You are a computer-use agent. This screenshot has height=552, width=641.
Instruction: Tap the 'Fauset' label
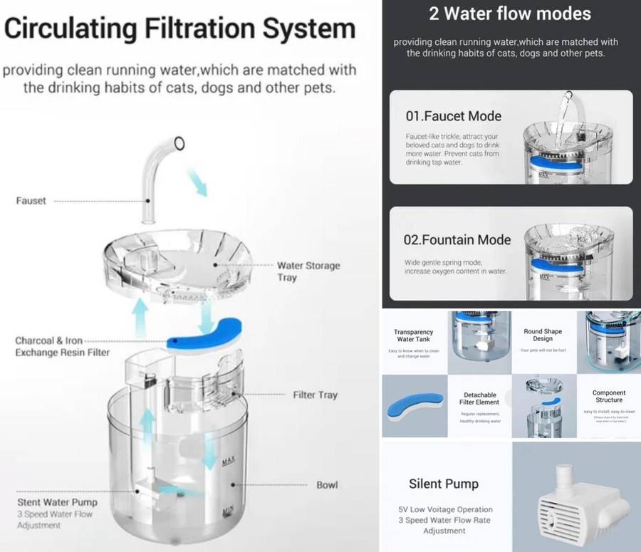[31, 201]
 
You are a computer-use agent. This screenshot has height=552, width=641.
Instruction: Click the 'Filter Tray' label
[315, 395]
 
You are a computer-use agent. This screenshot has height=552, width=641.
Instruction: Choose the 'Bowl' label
[327, 485]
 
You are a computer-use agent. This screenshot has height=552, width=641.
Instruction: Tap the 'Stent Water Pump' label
[56, 502]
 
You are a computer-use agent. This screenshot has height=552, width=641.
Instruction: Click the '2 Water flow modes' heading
[510, 14]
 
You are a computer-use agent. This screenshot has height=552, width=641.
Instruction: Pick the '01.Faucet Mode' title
[453, 116]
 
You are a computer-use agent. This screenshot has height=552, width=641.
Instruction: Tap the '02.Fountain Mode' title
[457, 240]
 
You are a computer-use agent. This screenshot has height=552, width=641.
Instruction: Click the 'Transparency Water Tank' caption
[414, 335]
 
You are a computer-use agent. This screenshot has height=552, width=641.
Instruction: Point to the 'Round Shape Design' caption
[543, 335]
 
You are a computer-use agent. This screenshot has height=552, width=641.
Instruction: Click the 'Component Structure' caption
[609, 396]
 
